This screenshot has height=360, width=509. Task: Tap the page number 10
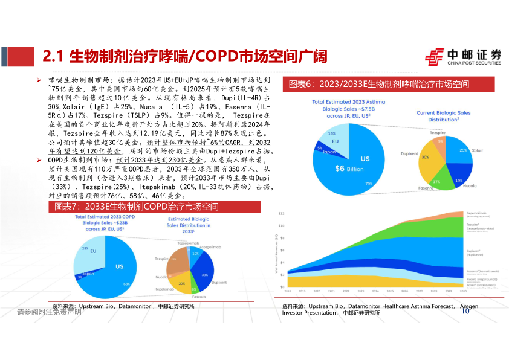click(465, 311)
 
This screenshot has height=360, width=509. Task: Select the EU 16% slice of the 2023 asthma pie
click(331, 137)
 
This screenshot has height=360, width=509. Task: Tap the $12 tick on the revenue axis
click(281, 214)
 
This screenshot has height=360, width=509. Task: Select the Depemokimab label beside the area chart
click(478, 213)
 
